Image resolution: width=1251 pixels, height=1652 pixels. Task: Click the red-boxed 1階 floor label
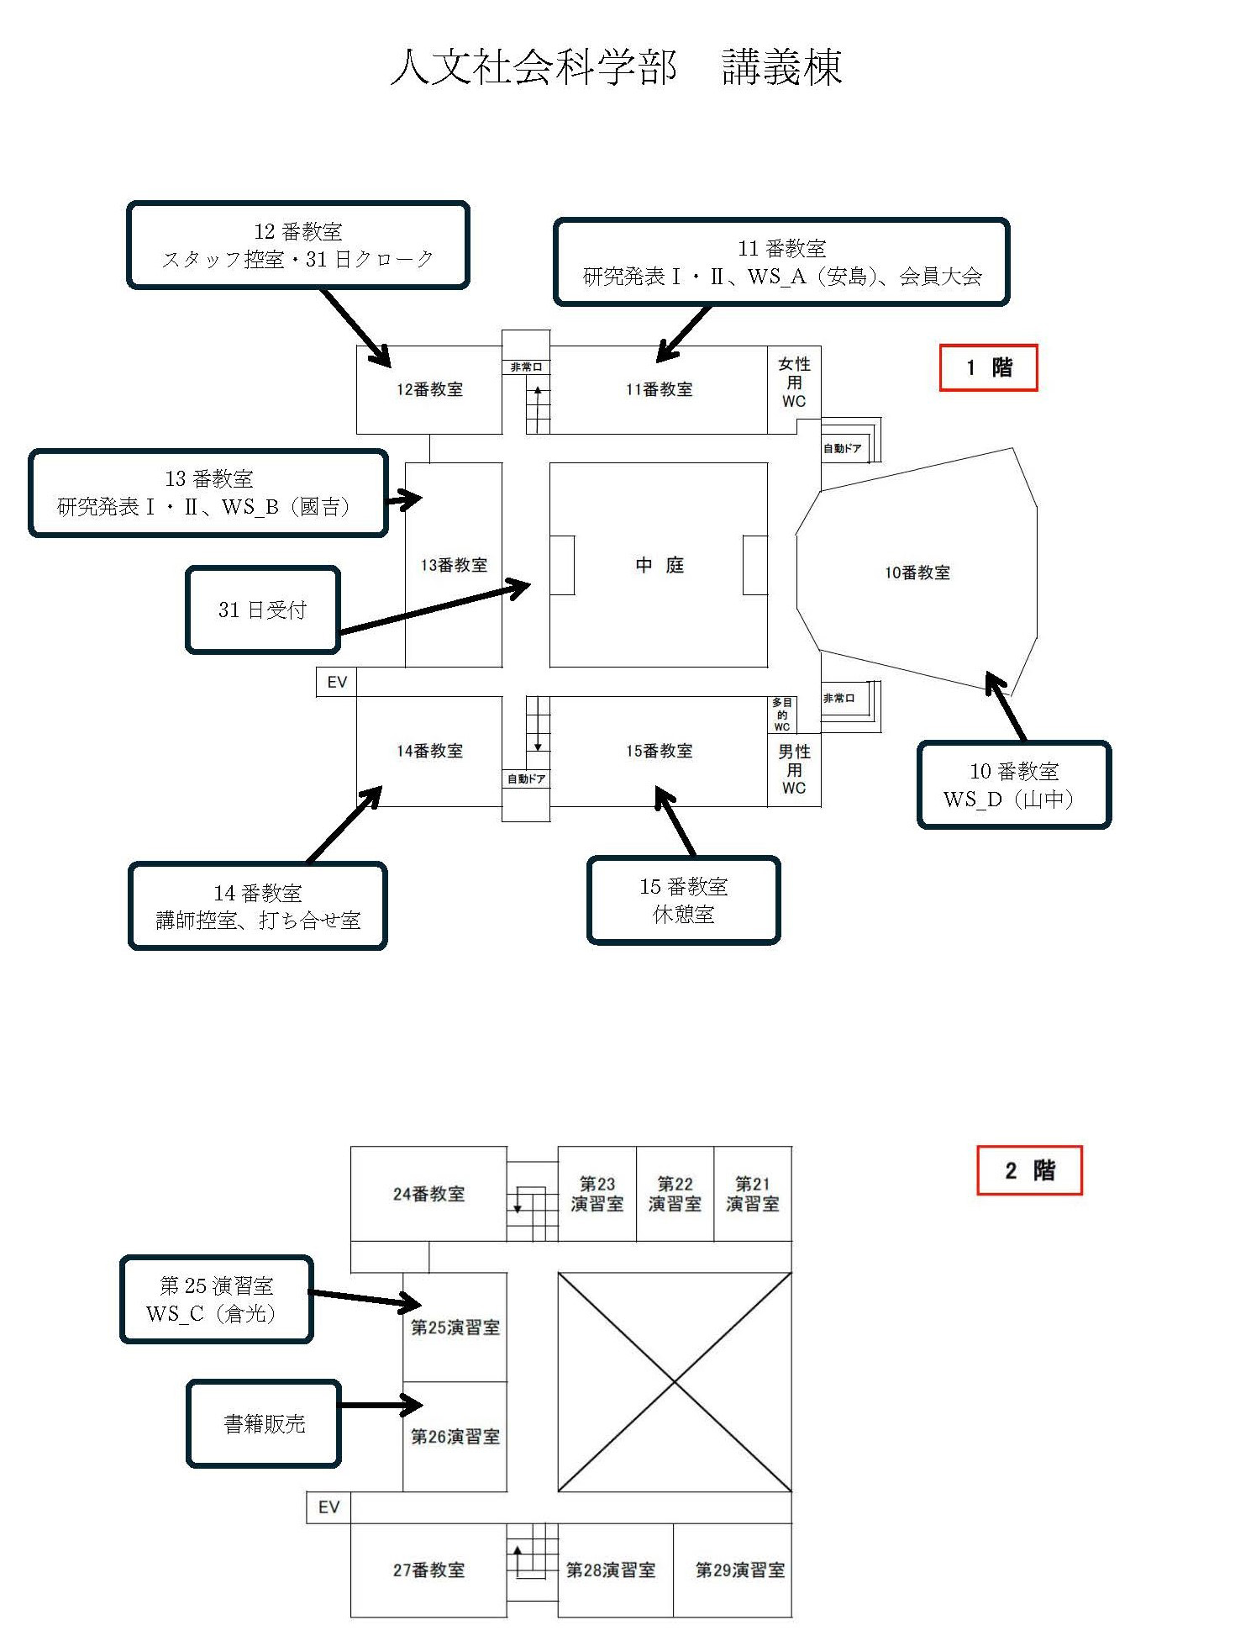pyautogui.click(x=988, y=367)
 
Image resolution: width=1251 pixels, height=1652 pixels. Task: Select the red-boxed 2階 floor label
pyautogui.click(x=1029, y=1169)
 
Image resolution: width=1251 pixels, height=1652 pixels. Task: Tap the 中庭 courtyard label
pyautogui.click(x=660, y=565)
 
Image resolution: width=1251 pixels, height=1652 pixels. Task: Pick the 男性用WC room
pyautogui.click(x=794, y=769)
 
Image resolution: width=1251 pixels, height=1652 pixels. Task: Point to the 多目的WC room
pyautogui.click(x=782, y=715)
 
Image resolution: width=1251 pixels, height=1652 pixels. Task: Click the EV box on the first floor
pyautogui.click(x=337, y=682)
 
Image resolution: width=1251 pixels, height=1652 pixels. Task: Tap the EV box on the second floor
pyautogui.click(x=329, y=1507)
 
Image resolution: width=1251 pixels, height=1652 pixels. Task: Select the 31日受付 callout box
pyautogui.click(x=263, y=610)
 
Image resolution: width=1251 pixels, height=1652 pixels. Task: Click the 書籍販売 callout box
pyautogui.click(x=264, y=1423)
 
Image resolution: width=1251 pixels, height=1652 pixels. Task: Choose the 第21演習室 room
pyautogui.click(x=753, y=1194)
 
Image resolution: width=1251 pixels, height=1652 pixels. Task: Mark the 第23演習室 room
pyautogui.click(x=597, y=1194)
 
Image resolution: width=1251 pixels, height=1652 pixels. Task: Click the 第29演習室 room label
pyautogui.click(x=740, y=1570)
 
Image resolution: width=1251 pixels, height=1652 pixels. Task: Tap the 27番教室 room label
pyautogui.click(x=428, y=1570)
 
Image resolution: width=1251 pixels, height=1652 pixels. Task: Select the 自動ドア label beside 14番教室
pyautogui.click(x=526, y=779)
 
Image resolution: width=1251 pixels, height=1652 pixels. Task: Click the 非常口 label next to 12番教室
pyautogui.click(x=526, y=367)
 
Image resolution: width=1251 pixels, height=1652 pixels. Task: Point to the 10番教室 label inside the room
pyautogui.click(x=917, y=573)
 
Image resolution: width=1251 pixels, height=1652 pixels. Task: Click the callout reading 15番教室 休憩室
pyautogui.click(x=684, y=900)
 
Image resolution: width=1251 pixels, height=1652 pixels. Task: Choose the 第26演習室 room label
pyautogui.click(x=455, y=1437)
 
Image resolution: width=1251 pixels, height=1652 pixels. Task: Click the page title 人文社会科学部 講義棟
pyautogui.click(x=617, y=66)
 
